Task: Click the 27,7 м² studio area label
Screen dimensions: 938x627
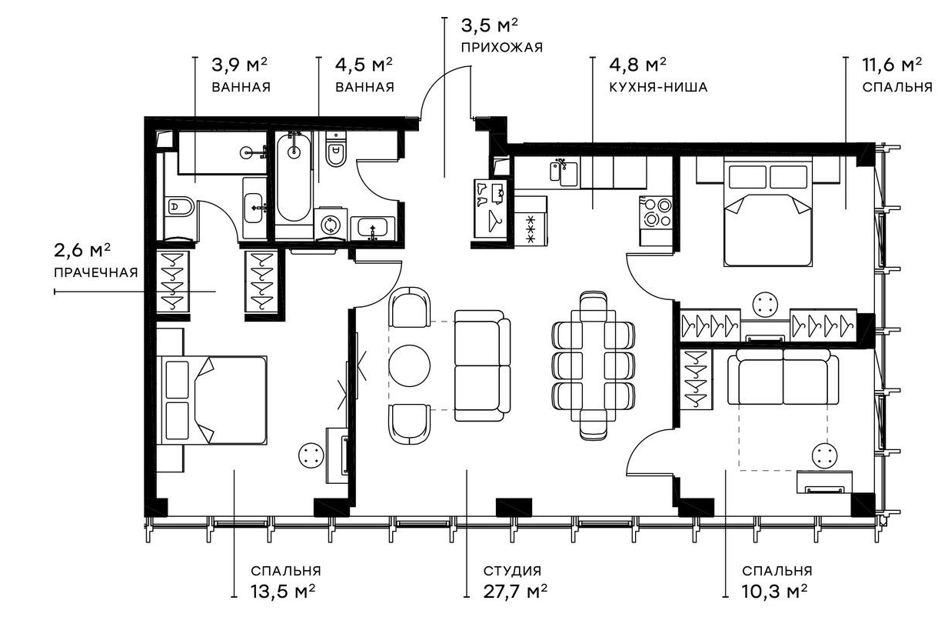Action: click(x=515, y=592)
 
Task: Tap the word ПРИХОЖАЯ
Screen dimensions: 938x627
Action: click(x=501, y=48)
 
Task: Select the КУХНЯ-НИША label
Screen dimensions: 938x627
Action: click(x=658, y=87)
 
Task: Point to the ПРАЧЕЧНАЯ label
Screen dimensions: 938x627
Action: click(x=96, y=272)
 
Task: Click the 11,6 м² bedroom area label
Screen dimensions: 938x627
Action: click(x=892, y=65)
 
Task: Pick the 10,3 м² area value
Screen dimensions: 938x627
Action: click(x=774, y=592)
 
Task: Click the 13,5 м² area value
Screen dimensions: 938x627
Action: click(x=283, y=592)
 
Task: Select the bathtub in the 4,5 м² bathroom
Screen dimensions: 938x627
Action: click(x=294, y=178)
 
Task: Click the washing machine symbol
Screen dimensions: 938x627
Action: click(x=331, y=225)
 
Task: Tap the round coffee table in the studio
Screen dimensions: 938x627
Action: click(x=409, y=365)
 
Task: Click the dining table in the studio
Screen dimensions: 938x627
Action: click(x=593, y=365)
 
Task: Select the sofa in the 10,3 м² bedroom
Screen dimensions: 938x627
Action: click(x=783, y=376)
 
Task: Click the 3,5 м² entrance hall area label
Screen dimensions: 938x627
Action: click(x=489, y=25)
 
